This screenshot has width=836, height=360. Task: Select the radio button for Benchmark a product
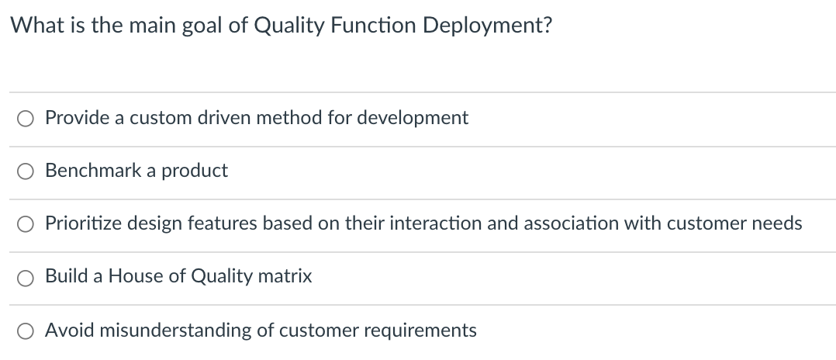(x=26, y=171)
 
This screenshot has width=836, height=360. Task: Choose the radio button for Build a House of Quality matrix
(x=26, y=277)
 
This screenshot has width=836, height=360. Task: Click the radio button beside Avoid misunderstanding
(x=26, y=331)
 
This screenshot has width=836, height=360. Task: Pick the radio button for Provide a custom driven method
(x=26, y=119)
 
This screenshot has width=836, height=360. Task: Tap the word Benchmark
(x=88, y=171)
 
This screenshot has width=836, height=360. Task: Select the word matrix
(x=286, y=276)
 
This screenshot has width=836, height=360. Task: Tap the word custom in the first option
(x=160, y=118)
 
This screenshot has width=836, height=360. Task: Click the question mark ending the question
(x=548, y=26)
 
